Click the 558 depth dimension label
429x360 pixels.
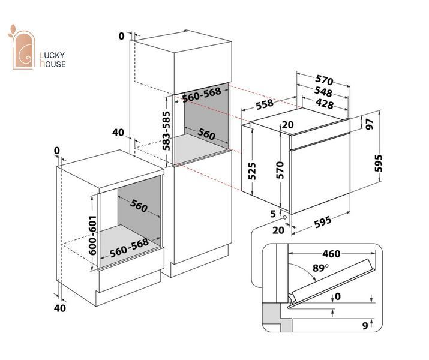(265, 104)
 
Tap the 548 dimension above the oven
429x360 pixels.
(323, 92)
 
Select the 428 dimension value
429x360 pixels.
(325, 104)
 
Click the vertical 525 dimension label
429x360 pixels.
(252, 171)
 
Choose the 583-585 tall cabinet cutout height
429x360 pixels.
(166, 131)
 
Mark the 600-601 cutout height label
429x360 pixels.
(93, 235)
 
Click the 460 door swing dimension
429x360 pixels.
(331, 254)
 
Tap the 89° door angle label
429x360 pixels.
(320, 268)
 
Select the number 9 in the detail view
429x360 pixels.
(365, 326)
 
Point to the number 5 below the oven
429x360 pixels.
(273, 214)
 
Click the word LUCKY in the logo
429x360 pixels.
(52, 55)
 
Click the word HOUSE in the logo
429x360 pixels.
(53, 64)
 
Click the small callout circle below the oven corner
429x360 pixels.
(284, 218)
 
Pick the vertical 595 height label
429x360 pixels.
(378, 163)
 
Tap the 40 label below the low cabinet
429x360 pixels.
(59, 308)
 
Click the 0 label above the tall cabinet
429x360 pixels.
(121, 36)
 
